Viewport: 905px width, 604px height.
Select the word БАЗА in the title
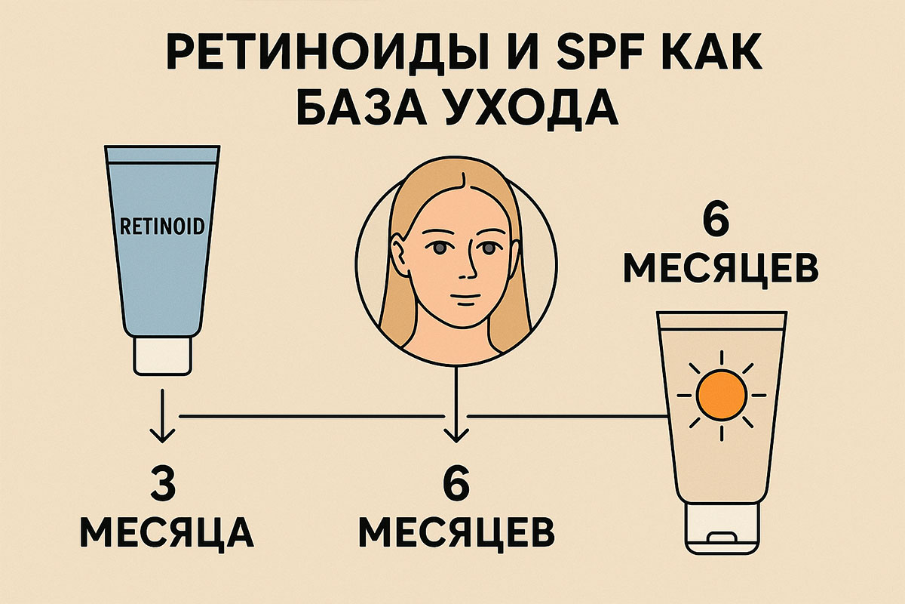tap(360, 107)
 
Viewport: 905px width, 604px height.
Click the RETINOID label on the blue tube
tap(162, 226)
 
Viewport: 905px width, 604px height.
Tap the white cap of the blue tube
tap(162, 356)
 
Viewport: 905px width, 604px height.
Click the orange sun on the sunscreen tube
tap(722, 395)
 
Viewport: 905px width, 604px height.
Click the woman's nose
tap(468, 262)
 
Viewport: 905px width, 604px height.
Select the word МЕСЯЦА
tap(167, 533)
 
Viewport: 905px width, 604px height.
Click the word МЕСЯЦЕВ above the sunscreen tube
tap(721, 270)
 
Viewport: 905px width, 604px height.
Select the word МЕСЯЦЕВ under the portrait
tap(456, 533)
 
